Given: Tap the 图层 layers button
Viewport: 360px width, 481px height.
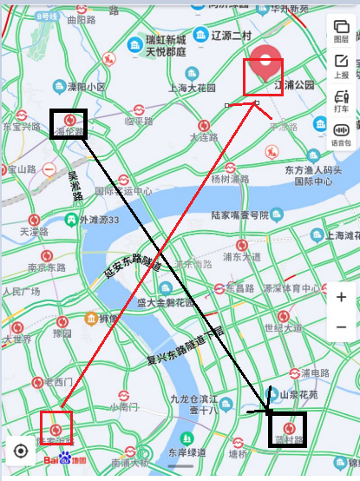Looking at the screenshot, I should pyautogui.click(x=341, y=32).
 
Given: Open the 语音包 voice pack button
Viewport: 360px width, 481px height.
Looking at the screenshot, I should pyautogui.click(x=341, y=135).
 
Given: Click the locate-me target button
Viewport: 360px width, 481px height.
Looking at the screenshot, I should pyautogui.click(x=21, y=451).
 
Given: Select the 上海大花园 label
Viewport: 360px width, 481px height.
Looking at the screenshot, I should pyautogui.click(x=191, y=88).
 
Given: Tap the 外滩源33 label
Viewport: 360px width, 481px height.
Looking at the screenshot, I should pyautogui.click(x=111, y=220).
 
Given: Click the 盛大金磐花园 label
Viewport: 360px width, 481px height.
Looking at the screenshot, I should pyautogui.click(x=167, y=303).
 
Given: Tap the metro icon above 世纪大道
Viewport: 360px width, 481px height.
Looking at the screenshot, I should pyautogui.click(x=284, y=316).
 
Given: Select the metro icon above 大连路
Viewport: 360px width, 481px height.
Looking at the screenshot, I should pyautogui.click(x=204, y=125).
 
